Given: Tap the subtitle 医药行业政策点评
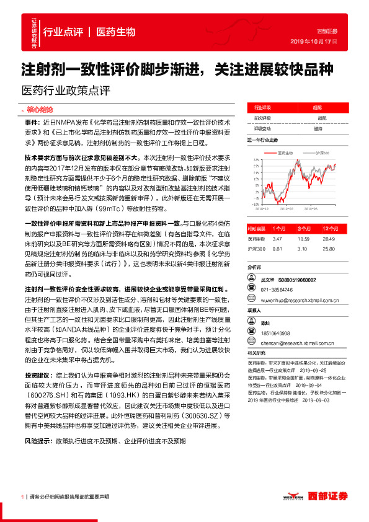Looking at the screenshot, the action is (65, 89).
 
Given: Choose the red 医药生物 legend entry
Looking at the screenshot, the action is (285, 153).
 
